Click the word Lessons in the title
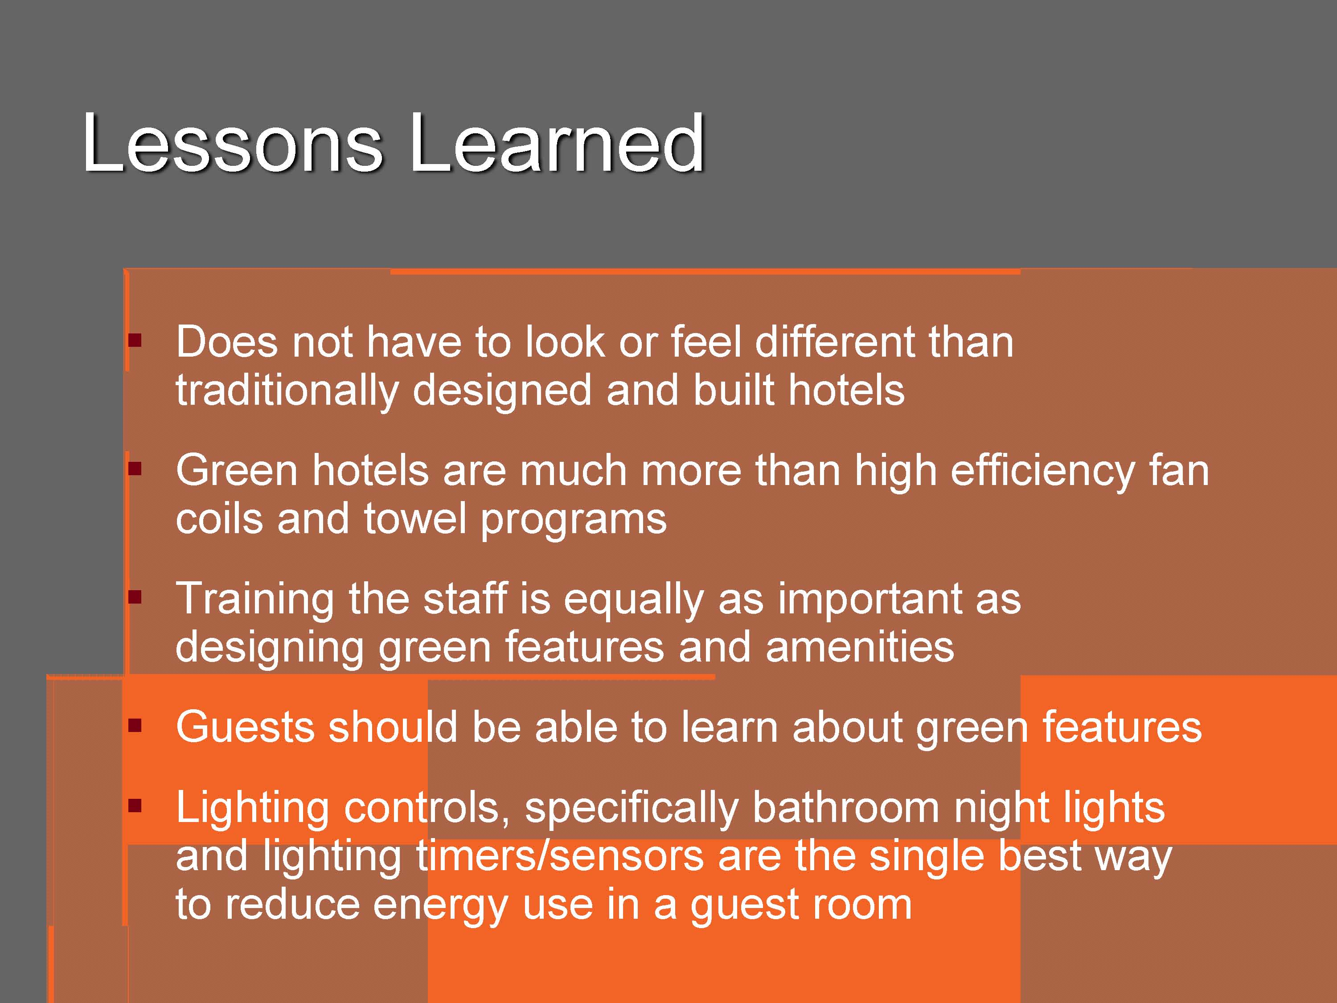[x=233, y=143]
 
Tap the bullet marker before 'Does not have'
[x=135, y=341]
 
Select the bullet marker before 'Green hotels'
[x=135, y=469]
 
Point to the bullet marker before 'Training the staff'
[x=135, y=597]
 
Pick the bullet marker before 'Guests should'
[x=135, y=725]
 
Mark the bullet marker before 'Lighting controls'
[x=135, y=806]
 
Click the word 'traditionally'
[x=287, y=391]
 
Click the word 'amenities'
[x=860, y=648]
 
